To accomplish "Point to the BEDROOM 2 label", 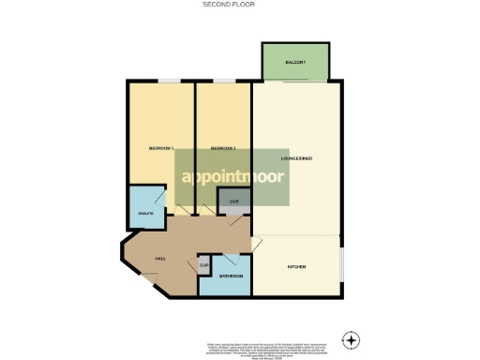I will pyautogui.click(x=221, y=149).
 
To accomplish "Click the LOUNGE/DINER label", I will pyautogui.click(x=296, y=157).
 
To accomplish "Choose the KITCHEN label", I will pyautogui.click(x=296, y=267).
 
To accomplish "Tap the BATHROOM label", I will pyautogui.click(x=231, y=277).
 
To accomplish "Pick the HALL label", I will pyautogui.click(x=147, y=257).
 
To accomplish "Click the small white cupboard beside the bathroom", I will pyautogui.click(x=203, y=266).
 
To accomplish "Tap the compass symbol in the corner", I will pyautogui.click(x=351, y=338).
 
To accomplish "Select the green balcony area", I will pyautogui.click(x=296, y=64).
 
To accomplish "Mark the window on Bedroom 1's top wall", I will pyautogui.click(x=169, y=82).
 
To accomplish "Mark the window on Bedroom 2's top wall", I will pyautogui.click(x=225, y=82).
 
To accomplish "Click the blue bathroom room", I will pyautogui.click(x=225, y=281).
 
